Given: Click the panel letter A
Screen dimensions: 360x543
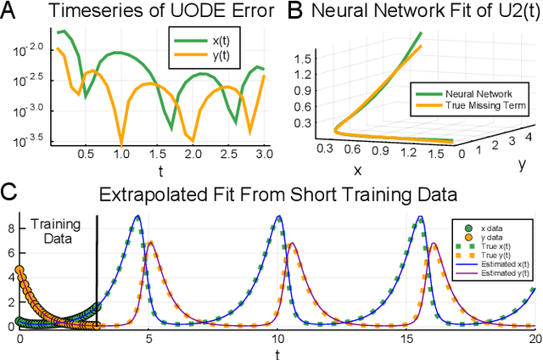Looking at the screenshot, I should pyautogui.click(x=9, y=11).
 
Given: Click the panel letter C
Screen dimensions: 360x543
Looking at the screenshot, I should pyautogui.click(x=9, y=192).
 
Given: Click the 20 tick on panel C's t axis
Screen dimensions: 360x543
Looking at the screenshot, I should pyautogui.click(x=532, y=337).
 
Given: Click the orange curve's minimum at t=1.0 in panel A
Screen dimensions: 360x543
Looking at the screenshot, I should pyautogui.click(x=121, y=143).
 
